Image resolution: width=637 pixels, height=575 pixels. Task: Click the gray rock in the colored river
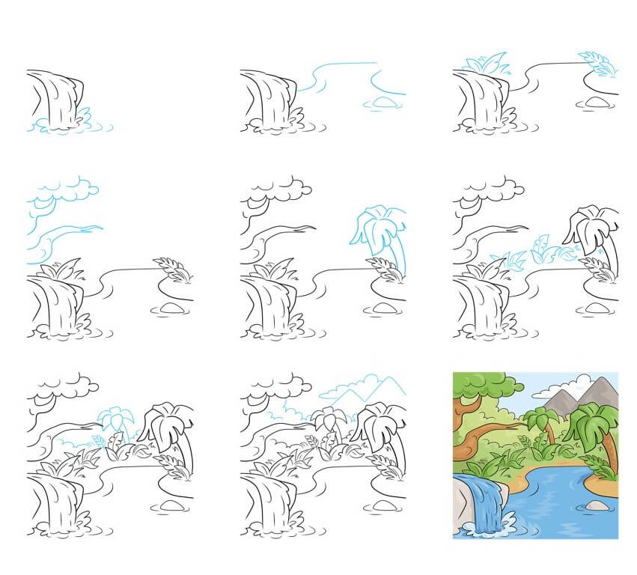pos(597,506)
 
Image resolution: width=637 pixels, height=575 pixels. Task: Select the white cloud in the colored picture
pos(555,391)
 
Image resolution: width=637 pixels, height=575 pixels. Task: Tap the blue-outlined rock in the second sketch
pos(382,103)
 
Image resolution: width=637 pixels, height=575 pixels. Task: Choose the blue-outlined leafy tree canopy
pos(64,192)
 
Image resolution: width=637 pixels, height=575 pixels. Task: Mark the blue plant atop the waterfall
pos(487,66)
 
